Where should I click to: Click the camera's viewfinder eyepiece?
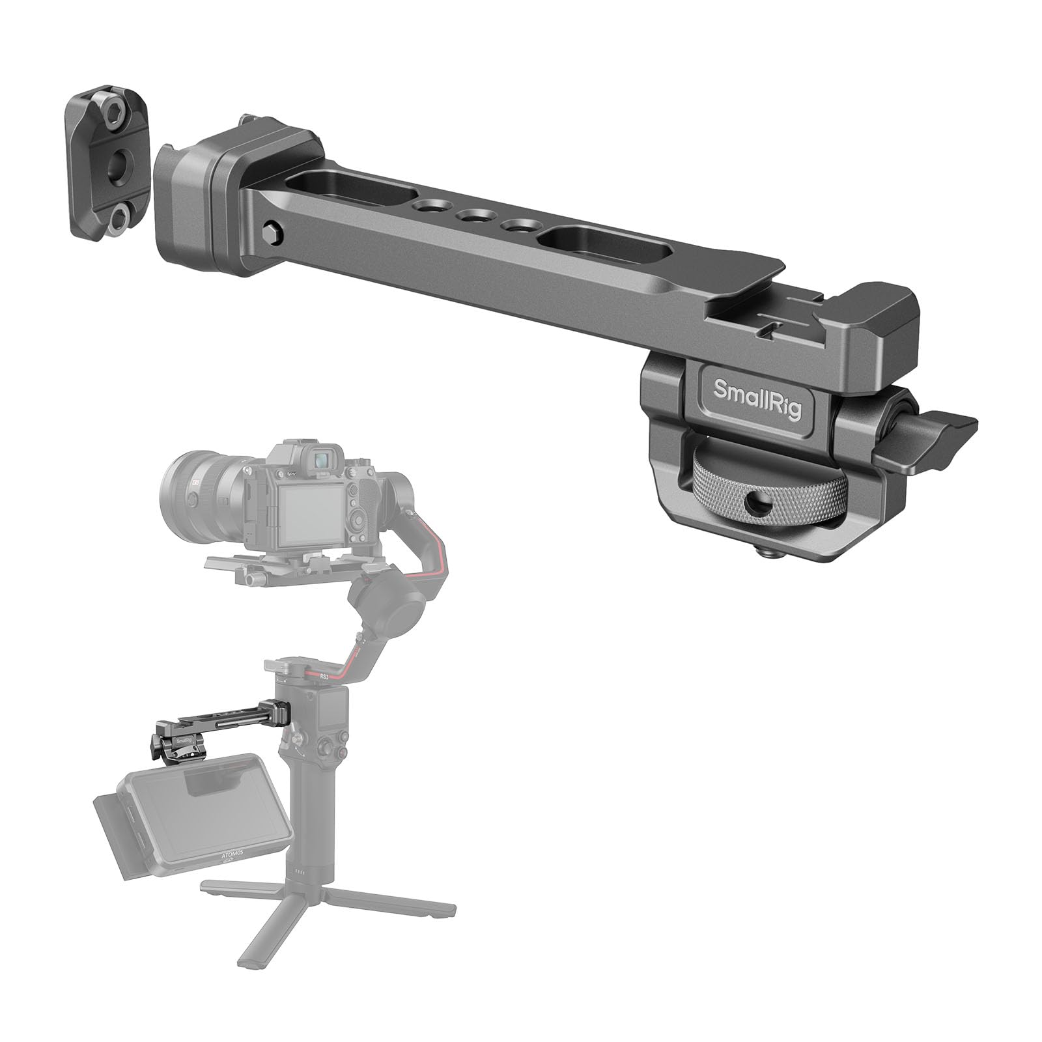pos(321,460)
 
